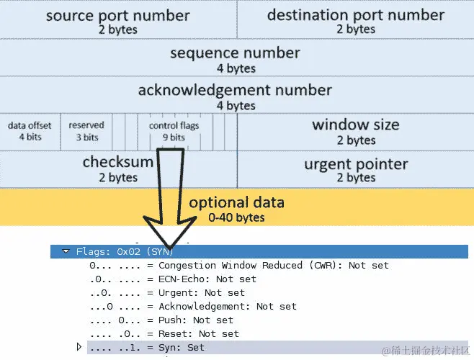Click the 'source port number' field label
click(x=117, y=15)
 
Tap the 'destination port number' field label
click(x=355, y=15)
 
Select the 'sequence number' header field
click(x=235, y=53)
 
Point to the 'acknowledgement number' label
click(x=235, y=91)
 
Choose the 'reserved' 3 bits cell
click(x=86, y=130)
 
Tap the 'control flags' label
click(x=174, y=125)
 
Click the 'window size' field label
click(x=355, y=125)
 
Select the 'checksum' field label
click(x=117, y=162)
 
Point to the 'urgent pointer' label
click(x=355, y=164)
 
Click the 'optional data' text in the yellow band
click(x=236, y=202)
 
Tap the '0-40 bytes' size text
click(x=236, y=217)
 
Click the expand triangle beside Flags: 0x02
click(x=66, y=251)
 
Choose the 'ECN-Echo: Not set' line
click(x=173, y=279)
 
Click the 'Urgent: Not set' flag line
click(x=167, y=292)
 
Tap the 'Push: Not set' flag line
click(x=161, y=320)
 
